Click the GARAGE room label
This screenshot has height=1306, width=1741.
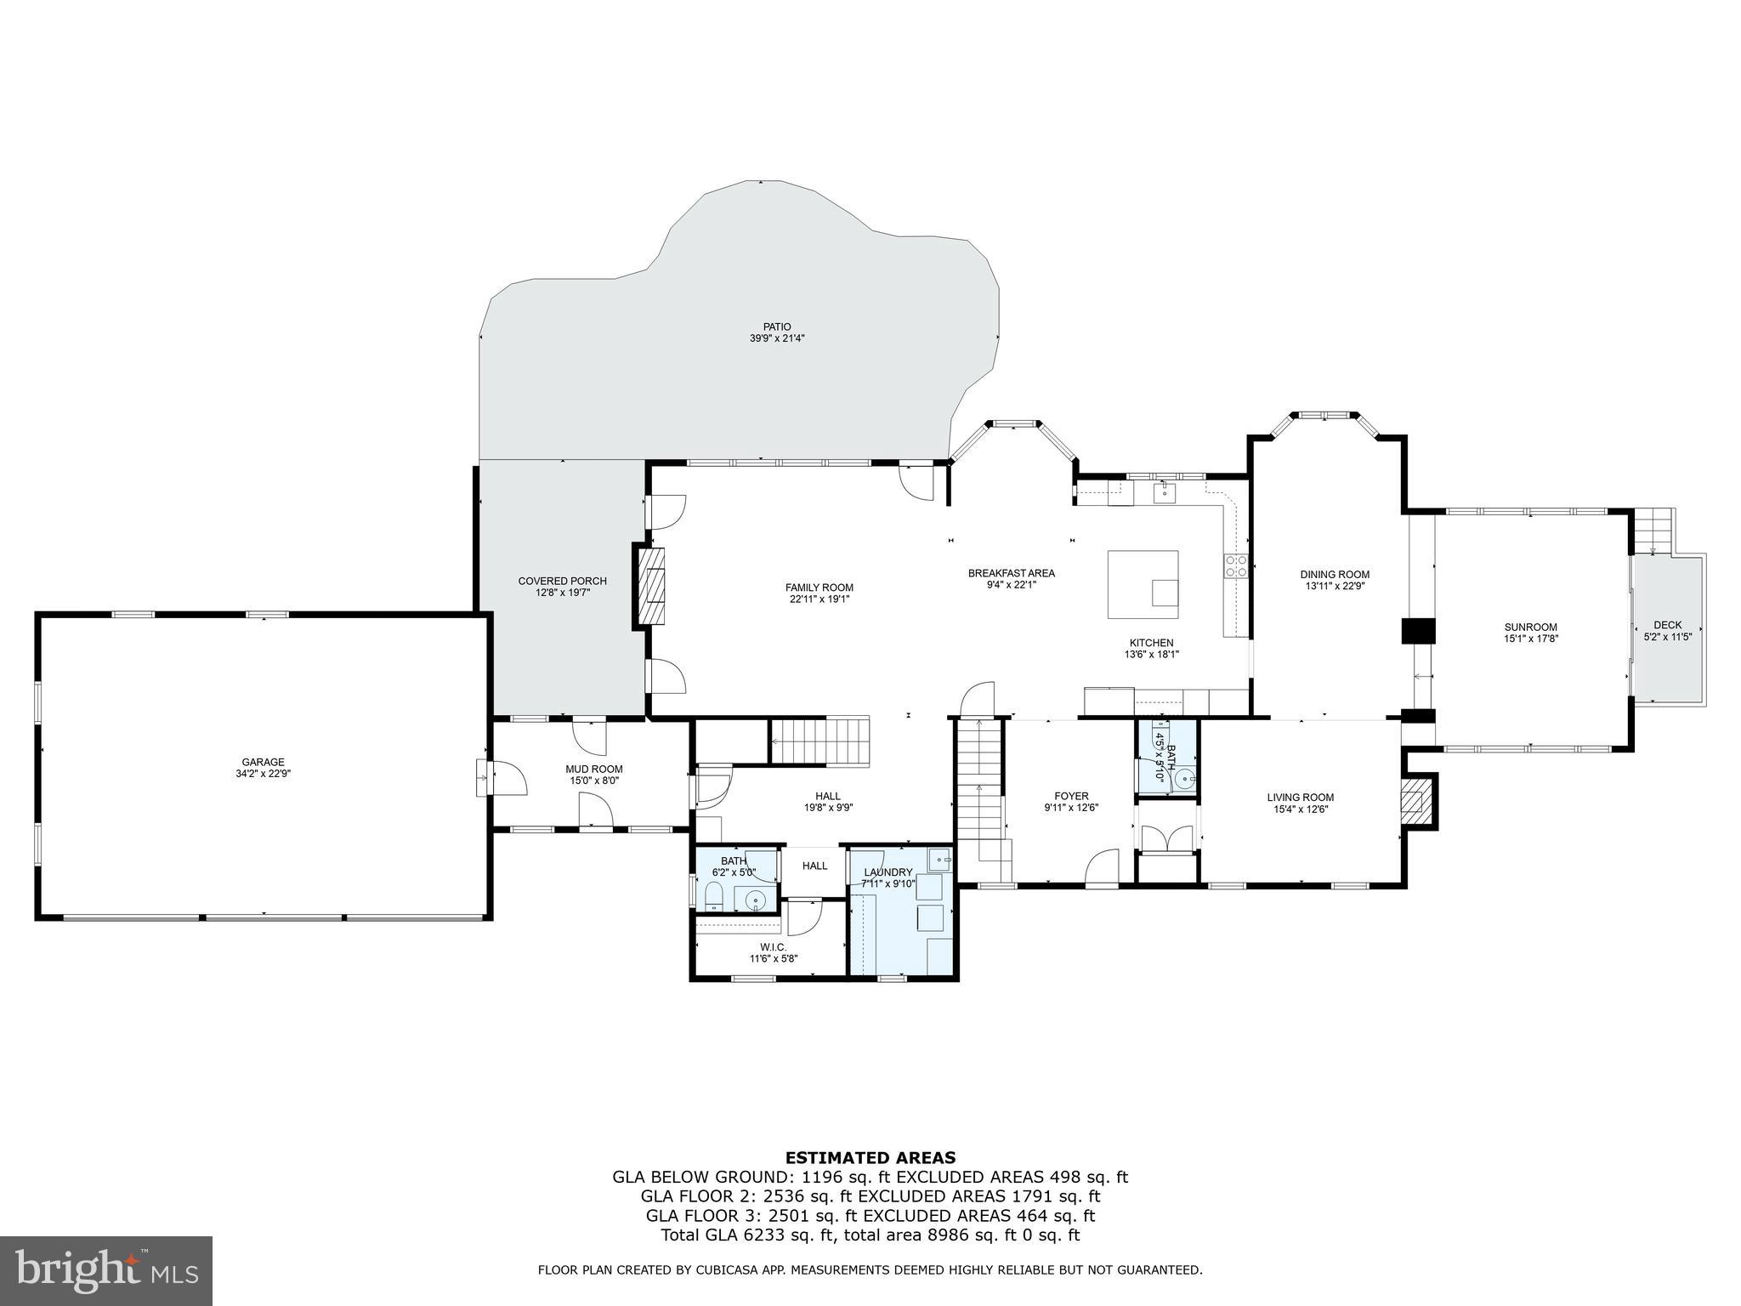tap(263, 762)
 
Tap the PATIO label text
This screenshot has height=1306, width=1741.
tap(776, 326)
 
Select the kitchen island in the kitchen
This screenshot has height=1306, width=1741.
tap(1143, 584)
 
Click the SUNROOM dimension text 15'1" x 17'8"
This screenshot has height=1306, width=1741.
tap(1530, 639)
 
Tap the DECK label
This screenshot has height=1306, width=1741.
tap(1667, 625)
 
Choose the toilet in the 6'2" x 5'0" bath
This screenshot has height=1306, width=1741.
tap(713, 895)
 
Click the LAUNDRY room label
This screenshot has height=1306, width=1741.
tap(888, 872)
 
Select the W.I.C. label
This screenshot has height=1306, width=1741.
tap(773, 947)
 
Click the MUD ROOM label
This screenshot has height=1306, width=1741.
tap(594, 769)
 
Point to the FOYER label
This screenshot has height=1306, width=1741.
tap(1071, 797)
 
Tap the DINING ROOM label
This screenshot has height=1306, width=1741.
tap(1335, 575)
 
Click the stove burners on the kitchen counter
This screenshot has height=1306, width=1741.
tap(1236, 566)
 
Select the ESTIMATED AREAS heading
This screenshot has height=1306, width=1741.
tap(870, 1157)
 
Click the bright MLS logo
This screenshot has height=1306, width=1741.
tap(106, 1270)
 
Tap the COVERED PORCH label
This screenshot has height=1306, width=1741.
tap(562, 582)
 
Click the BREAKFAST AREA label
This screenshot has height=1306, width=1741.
tap(1011, 573)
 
